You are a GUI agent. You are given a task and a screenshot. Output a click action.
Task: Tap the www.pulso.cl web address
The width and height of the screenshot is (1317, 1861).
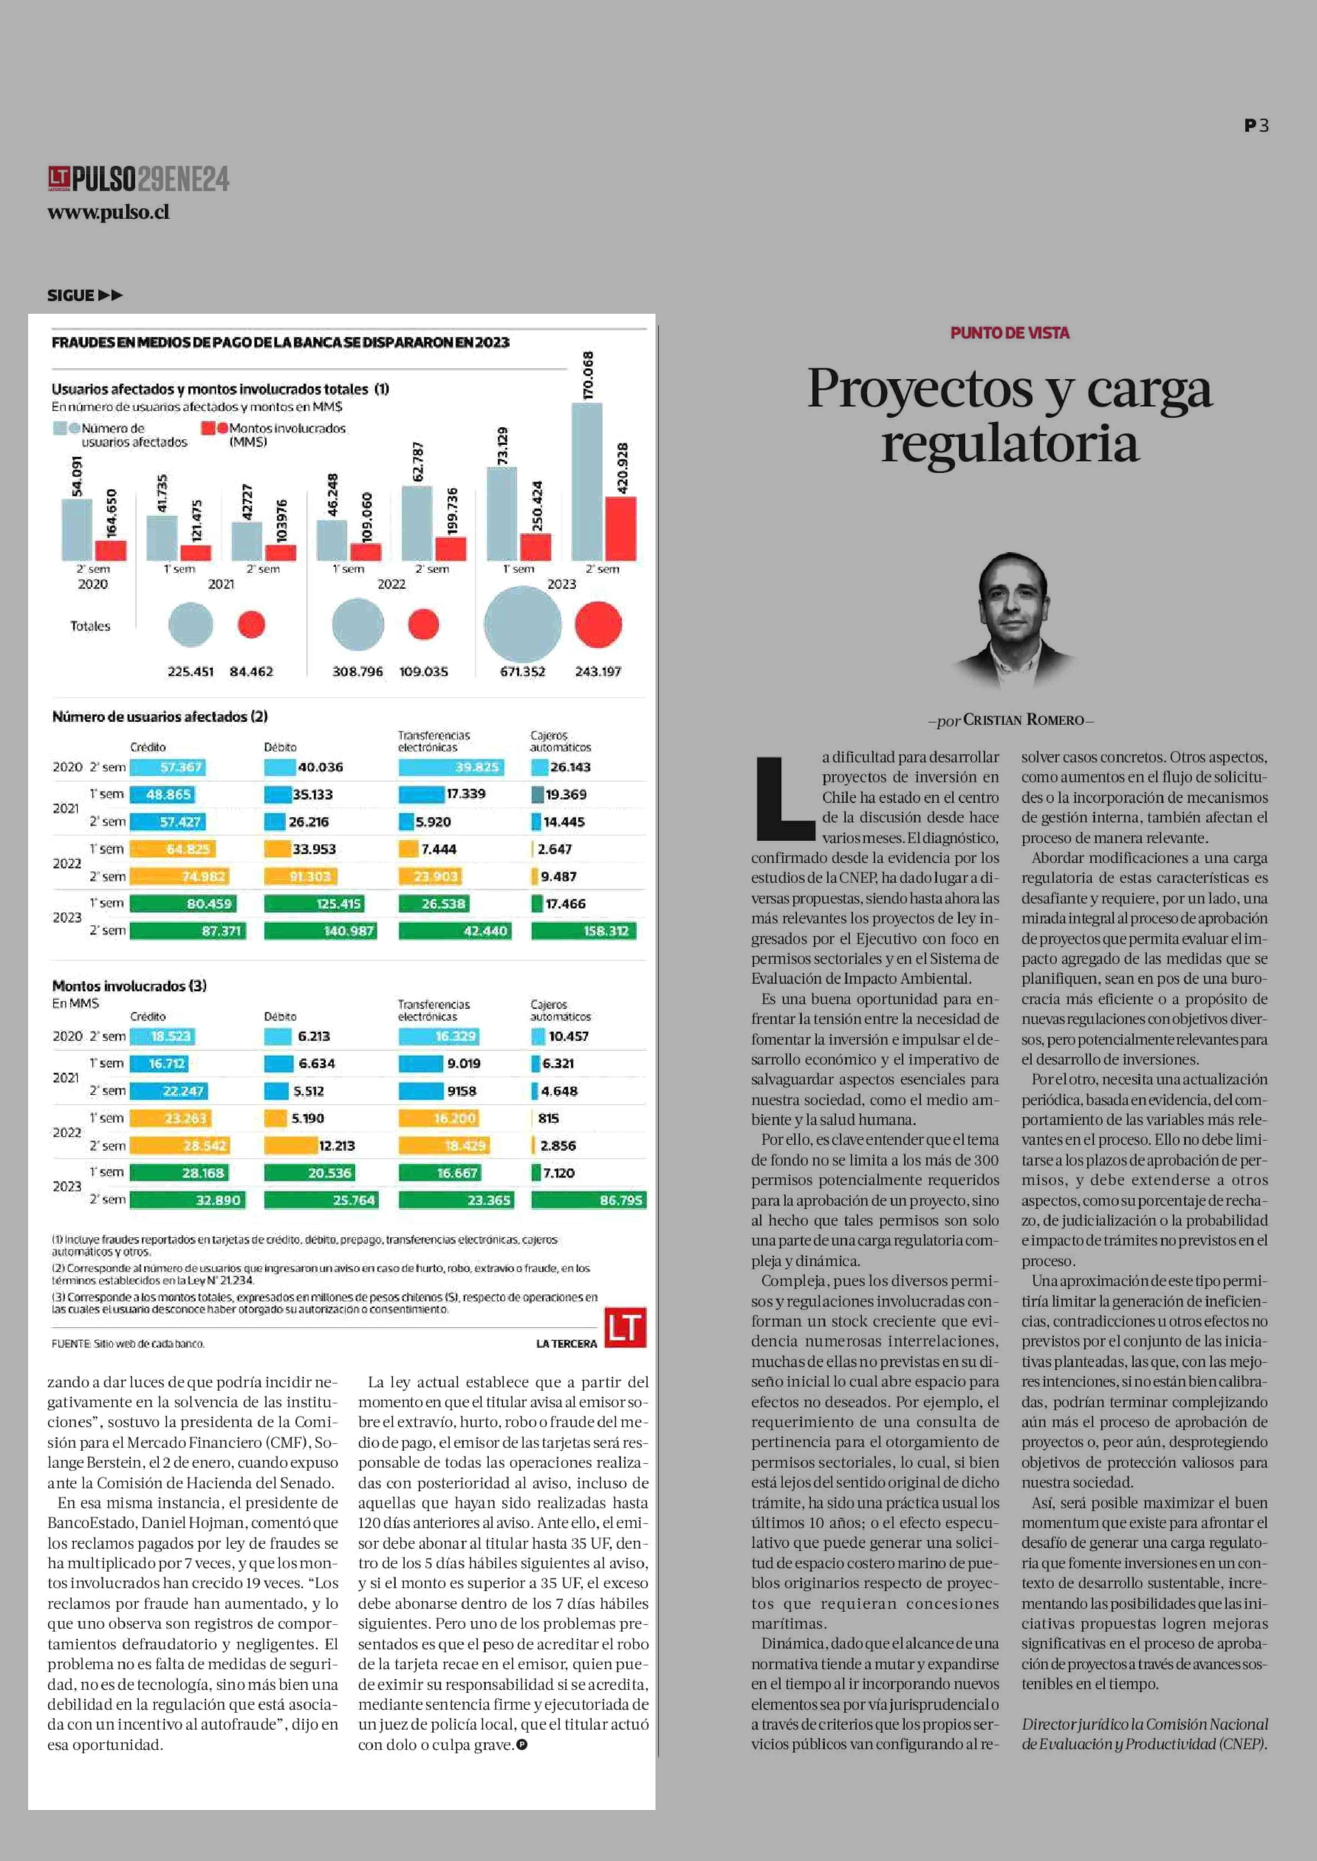[108, 212]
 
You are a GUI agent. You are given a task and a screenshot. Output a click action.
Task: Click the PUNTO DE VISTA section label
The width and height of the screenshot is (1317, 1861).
[1010, 333]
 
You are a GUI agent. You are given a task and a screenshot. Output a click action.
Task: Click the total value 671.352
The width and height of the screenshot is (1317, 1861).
[522, 672]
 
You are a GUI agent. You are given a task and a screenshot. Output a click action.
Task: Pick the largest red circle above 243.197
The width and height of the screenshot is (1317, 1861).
[598, 624]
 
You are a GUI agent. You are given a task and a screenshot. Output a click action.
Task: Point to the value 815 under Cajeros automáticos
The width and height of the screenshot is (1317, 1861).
[548, 1118]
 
